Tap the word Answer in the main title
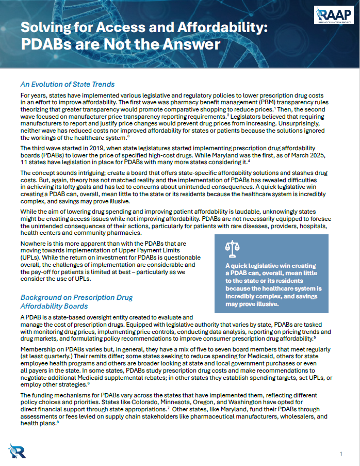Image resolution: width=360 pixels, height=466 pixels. click(x=190, y=44)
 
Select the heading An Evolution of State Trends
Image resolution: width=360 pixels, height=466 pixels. click(x=67, y=84)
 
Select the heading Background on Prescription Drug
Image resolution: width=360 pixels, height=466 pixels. click(x=76, y=298)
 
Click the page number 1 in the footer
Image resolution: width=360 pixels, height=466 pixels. click(x=341, y=453)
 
